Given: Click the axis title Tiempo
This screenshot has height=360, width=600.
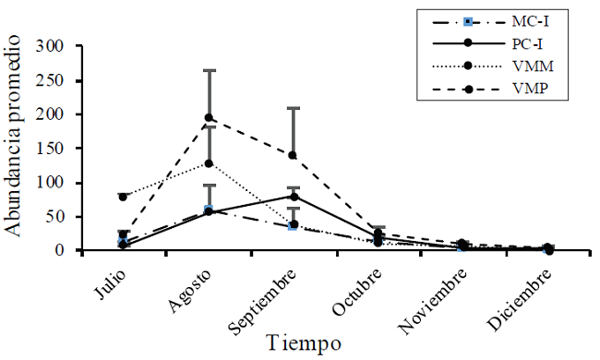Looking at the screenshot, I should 304,342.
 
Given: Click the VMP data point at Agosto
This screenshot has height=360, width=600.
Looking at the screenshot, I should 209,117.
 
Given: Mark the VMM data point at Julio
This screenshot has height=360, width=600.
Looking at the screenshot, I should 123,196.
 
